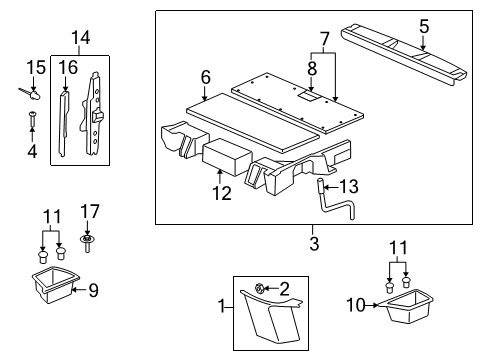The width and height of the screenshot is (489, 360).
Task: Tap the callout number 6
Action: [205, 76]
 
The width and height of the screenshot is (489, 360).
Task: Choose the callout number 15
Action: [35, 67]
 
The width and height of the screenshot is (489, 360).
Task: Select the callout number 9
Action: [94, 292]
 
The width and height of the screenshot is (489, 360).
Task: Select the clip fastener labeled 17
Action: [88, 240]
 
